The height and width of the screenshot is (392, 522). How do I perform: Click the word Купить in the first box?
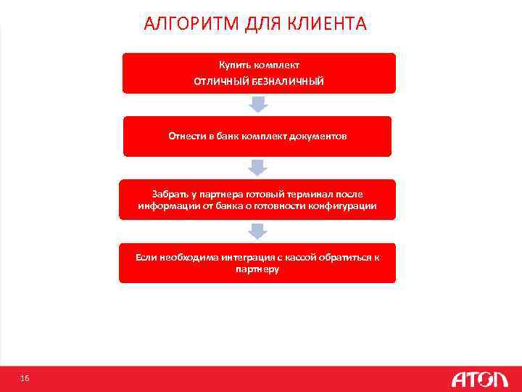[233, 65]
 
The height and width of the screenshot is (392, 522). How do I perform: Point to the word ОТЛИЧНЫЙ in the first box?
[220, 82]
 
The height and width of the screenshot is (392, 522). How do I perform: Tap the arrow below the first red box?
[259, 105]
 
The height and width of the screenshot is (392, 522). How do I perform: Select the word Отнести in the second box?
[186, 136]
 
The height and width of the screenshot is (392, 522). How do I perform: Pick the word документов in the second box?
[321, 136]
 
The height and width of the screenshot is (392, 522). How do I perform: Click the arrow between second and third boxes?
[259, 168]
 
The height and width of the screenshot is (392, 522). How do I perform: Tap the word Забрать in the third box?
[169, 195]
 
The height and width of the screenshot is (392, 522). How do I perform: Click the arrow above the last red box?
[259, 231]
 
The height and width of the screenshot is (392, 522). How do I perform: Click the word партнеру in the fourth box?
[257, 269]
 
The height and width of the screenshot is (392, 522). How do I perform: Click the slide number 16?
[25, 378]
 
